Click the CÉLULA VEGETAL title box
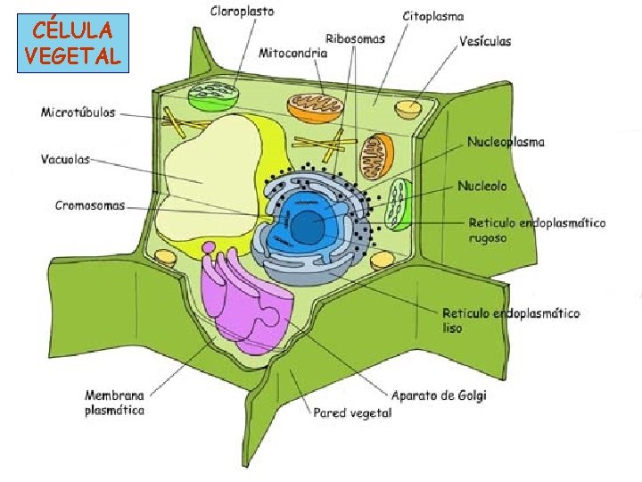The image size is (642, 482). click(x=72, y=43)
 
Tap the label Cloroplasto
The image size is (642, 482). click(x=243, y=12)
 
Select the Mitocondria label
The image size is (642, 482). click(x=292, y=53)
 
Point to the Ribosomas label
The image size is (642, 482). click(x=356, y=38)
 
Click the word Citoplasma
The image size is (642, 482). click(x=433, y=17)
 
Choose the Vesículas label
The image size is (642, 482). click(x=485, y=41)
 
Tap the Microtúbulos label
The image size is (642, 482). click(x=78, y=113)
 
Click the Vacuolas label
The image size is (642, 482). click(x=65, y=159)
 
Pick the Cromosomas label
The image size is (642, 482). click(x=90, y=204)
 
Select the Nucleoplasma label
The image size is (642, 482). click(x=506, y=142)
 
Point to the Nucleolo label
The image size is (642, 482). click(x=482, y=187)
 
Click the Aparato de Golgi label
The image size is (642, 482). click(x=440, y=395)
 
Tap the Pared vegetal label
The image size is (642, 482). click(x=352, y=412)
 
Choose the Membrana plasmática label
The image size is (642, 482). click(x=114, y=403)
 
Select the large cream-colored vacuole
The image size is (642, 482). click(x=214, y=161)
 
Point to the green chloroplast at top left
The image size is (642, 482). click(x=213, y=93)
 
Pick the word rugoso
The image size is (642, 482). click(x=487, y=238)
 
